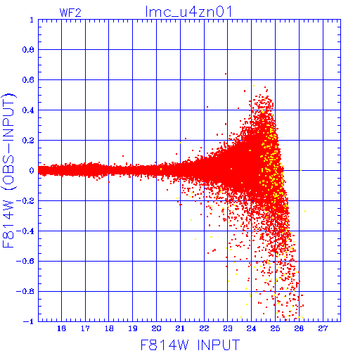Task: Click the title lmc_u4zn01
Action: (188, 11)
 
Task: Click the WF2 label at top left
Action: (70, 13)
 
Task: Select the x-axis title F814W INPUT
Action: (190, 345)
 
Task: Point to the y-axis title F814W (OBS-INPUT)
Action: (8, 170)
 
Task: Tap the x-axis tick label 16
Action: (61, 328)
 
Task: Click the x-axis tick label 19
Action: (133, 328)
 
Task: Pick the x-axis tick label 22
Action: (204, 328)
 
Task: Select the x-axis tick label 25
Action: (275, 328)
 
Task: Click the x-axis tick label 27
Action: (323, 328)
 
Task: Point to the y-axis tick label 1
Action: (32, 20)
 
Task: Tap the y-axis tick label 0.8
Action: (28, 50)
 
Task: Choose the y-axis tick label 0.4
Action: (28, 110)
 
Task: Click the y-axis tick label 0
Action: (32, 170)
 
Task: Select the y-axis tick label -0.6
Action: (25, 261)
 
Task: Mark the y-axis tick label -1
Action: (29, 321)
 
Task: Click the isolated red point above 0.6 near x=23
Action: (226, 74)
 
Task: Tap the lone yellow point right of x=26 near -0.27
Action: (305, 211)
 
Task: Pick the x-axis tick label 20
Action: (156, 328)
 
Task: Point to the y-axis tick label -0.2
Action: (25, 200)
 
